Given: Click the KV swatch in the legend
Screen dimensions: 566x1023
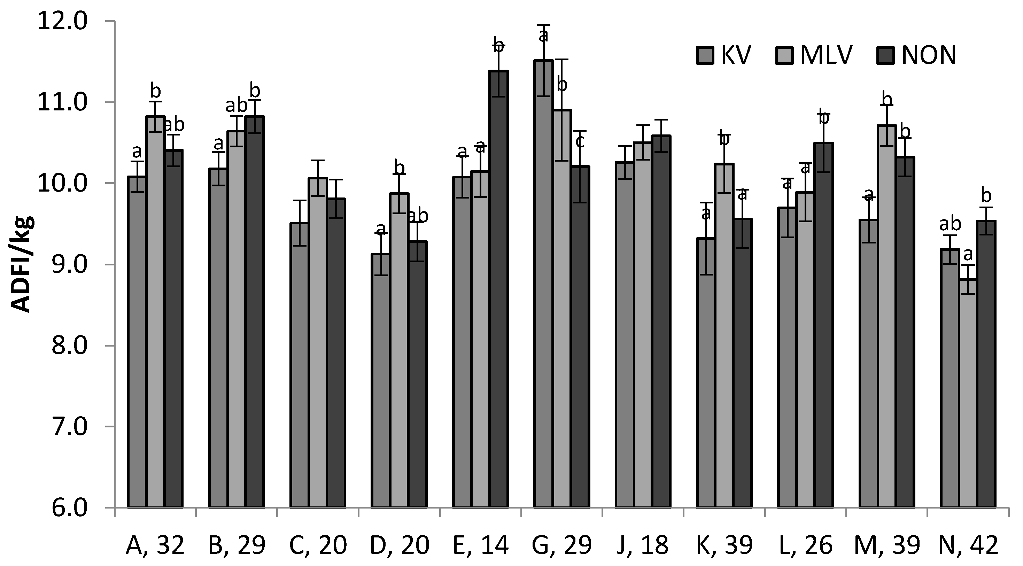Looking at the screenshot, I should tap(705, 56).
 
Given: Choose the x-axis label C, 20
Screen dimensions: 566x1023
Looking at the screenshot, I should tap(318, 546).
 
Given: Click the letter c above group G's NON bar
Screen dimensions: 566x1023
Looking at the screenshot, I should tap(580, 142).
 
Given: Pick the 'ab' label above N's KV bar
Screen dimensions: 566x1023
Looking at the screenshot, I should tap(950, 225).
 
